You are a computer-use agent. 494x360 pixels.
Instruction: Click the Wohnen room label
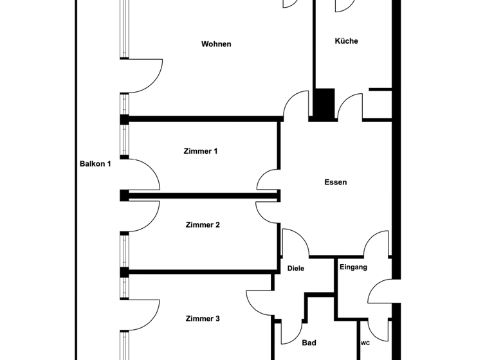216,44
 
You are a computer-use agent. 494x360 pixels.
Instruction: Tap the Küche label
346,41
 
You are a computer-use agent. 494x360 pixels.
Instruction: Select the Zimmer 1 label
201,151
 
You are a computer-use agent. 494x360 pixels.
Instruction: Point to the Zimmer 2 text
203,225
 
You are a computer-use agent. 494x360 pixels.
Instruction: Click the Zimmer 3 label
203,319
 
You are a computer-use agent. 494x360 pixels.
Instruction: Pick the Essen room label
335,183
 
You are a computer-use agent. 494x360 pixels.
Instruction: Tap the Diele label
295,269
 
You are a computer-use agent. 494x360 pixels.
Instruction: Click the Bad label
309,343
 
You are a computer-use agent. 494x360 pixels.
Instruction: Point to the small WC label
365,343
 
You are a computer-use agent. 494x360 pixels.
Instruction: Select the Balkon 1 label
95,164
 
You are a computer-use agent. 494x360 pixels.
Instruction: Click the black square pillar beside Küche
324,104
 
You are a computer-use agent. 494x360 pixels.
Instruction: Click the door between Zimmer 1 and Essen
269,180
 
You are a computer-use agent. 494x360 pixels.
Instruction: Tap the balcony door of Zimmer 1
143,174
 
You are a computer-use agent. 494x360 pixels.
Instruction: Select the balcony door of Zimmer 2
143,216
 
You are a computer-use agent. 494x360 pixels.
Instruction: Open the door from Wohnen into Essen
297,105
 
